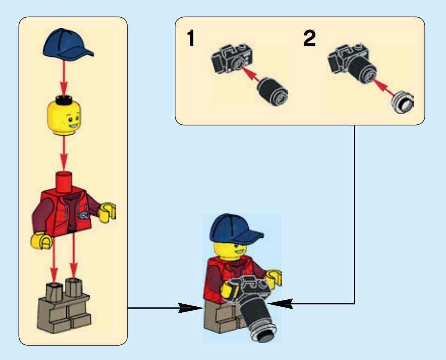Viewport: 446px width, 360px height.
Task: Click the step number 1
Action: (191, 38)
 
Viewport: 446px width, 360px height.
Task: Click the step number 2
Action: (309, 38)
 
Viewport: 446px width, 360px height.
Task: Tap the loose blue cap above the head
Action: (68, 44)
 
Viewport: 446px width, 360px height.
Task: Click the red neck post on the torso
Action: (64, 182)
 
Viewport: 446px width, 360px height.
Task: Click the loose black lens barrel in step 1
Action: (272, 91)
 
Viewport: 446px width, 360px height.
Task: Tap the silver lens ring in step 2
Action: (403, 102)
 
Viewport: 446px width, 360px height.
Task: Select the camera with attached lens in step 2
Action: (352, 63)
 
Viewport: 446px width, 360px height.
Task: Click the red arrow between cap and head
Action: (64, 78)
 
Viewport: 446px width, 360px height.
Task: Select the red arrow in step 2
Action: (383, 88)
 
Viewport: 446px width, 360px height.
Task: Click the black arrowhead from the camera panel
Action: (280, 304)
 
